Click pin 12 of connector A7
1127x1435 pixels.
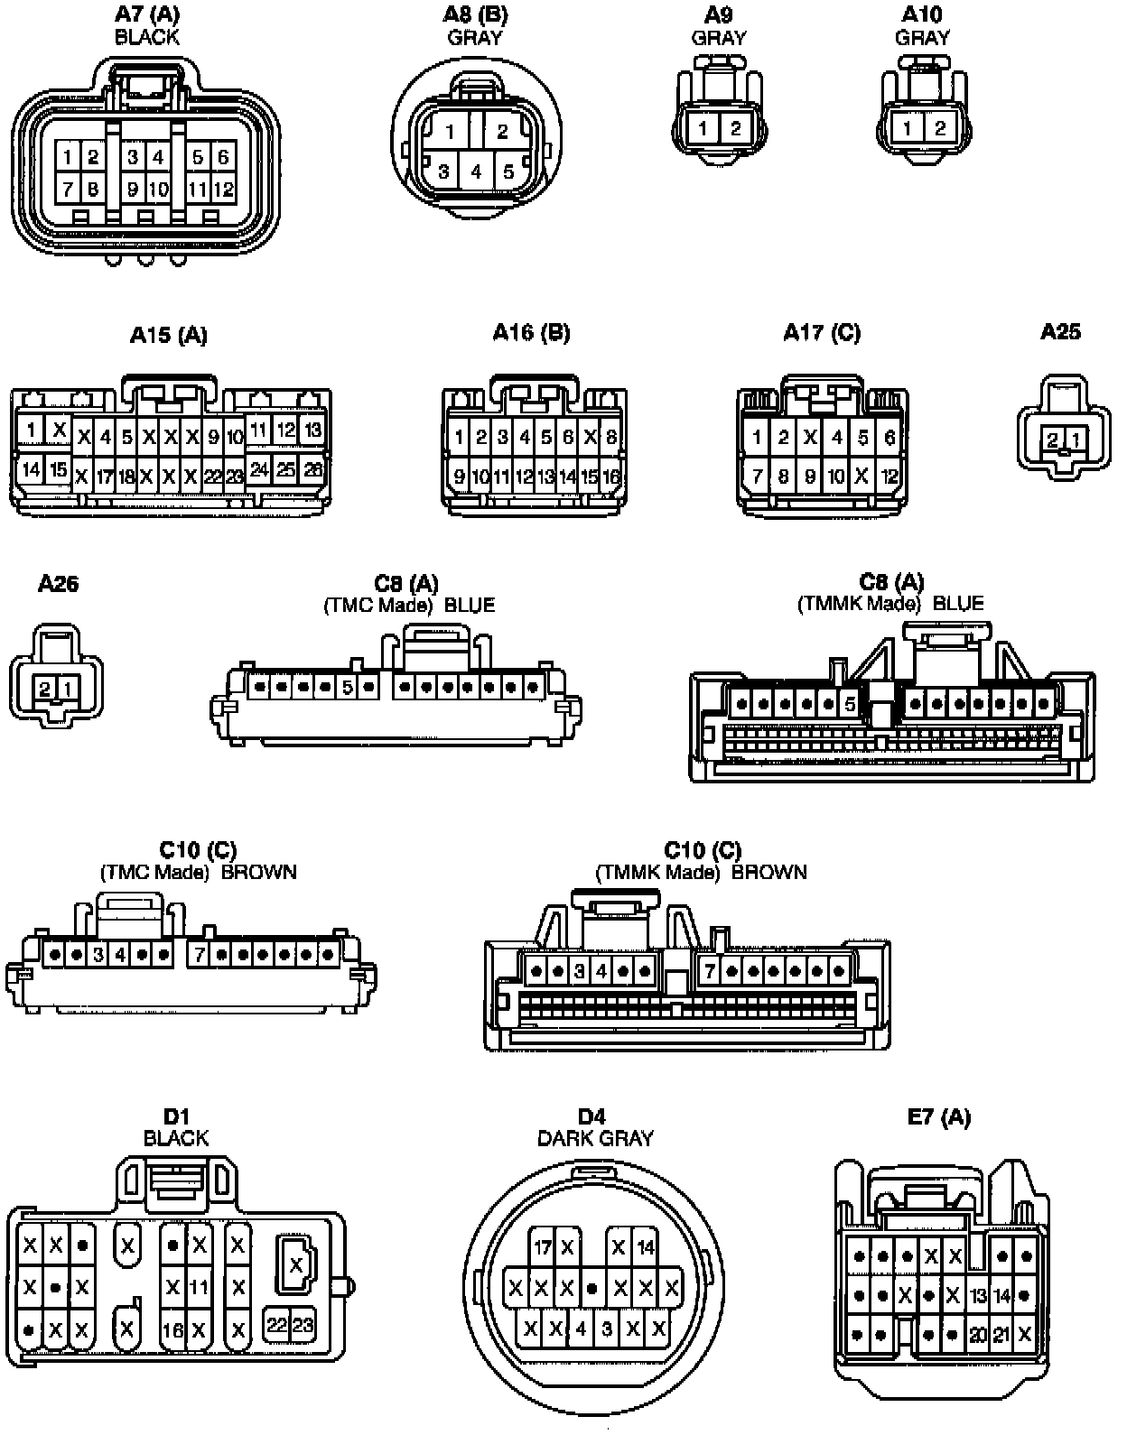coord(223,190)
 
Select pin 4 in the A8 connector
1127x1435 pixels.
coord(476,171)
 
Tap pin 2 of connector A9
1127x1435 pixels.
coord(735,128)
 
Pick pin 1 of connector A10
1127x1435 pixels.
coord(907,128)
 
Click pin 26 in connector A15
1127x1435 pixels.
coord(312,469)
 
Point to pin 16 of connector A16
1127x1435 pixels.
coord(611,477)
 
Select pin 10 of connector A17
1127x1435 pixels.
coord(836,475)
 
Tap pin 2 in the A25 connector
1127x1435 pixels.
coord(1053,440)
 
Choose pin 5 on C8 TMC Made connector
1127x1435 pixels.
coord(348,688)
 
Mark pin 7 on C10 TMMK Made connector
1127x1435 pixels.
coord(711,972)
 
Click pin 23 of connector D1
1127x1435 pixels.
coord(303,1325)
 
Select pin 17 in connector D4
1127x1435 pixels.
coord(542,1248)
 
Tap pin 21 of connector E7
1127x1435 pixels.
coord(1001,1334)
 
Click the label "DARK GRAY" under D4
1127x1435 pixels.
coord(595,1138)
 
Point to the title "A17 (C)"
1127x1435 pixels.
coord(822,333)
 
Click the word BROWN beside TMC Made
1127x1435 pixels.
coord(259,872)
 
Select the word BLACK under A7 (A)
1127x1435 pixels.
coord(147,37)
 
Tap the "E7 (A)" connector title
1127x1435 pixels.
coord(939,1117)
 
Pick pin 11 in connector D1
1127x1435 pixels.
coord(200,1287)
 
